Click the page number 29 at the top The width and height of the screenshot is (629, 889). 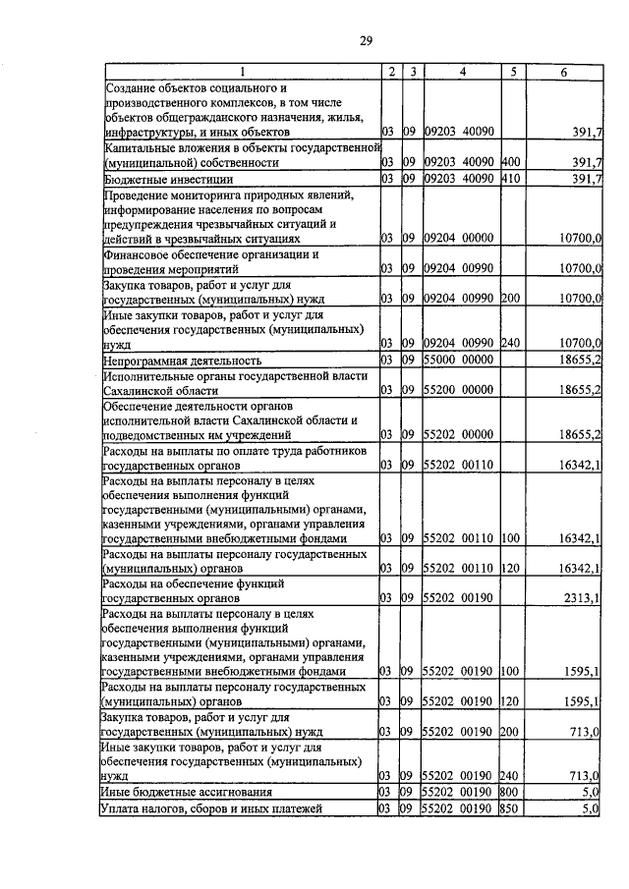point(365,40)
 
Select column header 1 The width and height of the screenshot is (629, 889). point(242,72)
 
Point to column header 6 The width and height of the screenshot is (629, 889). point(563,72)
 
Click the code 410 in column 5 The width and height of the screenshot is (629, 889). point(509,180)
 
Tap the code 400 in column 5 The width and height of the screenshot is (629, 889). point(509,162)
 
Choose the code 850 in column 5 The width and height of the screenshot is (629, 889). point(509,808)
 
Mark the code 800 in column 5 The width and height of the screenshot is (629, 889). point(509,791)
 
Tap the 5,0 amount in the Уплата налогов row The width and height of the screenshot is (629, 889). point(590,808)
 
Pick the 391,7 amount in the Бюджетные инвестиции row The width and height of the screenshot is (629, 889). point(587,180)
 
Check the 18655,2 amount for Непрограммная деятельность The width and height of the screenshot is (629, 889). point(581,361)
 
